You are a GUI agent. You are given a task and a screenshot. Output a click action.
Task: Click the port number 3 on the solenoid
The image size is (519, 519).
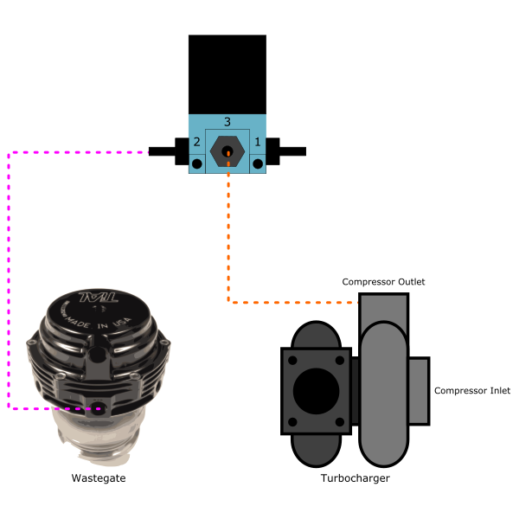227,122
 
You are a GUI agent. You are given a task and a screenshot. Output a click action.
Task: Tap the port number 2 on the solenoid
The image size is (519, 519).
197,142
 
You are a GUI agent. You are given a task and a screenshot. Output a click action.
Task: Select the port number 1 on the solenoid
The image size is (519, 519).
257,142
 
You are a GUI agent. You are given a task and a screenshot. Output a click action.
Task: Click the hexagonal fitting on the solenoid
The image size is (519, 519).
227,151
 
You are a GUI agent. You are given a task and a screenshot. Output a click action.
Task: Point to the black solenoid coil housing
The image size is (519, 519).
227,74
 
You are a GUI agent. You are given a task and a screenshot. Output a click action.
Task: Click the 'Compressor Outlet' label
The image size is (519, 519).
383,282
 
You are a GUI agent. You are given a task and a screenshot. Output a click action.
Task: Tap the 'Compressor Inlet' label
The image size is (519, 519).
472,391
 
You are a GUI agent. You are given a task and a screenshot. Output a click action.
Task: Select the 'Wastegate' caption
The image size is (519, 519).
92,477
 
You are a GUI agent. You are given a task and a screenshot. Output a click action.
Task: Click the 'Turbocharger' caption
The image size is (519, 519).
355,477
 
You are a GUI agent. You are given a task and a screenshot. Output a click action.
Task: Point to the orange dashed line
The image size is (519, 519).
228,242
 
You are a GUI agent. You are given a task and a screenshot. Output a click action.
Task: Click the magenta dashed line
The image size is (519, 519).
9,277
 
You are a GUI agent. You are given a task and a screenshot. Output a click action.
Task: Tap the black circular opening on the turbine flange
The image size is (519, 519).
315,391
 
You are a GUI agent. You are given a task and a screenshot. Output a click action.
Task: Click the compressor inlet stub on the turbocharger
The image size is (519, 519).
420,391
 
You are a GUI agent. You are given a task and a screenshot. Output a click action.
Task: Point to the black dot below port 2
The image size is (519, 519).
197,163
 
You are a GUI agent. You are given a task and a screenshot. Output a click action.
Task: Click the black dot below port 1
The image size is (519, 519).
257,163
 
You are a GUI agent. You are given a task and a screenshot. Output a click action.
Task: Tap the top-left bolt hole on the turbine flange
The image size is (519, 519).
292,360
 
